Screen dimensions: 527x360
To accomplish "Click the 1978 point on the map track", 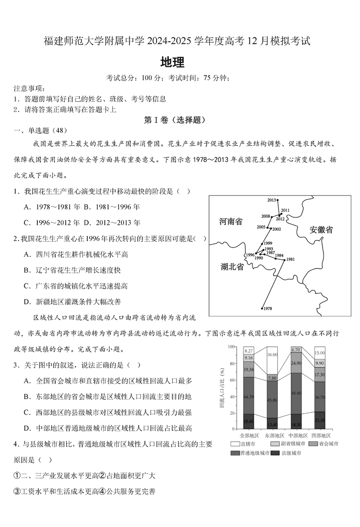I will [x=262, y=308].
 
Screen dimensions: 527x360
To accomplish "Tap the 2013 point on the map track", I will [x=278, y=200].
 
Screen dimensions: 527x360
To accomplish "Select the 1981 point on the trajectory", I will [x=283, y=260].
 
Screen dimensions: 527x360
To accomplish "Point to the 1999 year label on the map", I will [x=268, y=243].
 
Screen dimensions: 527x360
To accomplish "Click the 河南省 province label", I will [x=230, y=221].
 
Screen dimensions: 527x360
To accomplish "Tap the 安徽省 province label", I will [x=321, y=230].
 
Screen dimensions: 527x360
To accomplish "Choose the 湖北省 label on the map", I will [x=232, y=267].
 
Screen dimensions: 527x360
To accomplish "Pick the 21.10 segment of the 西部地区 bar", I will [x=319, y=420].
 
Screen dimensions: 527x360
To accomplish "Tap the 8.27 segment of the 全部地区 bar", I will [x=248, y=350].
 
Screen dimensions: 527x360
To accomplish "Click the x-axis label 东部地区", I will [x=271, y=436].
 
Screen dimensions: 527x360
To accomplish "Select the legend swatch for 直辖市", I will [x=234, y=444].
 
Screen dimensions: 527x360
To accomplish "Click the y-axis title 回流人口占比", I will [x=222, y=389].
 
